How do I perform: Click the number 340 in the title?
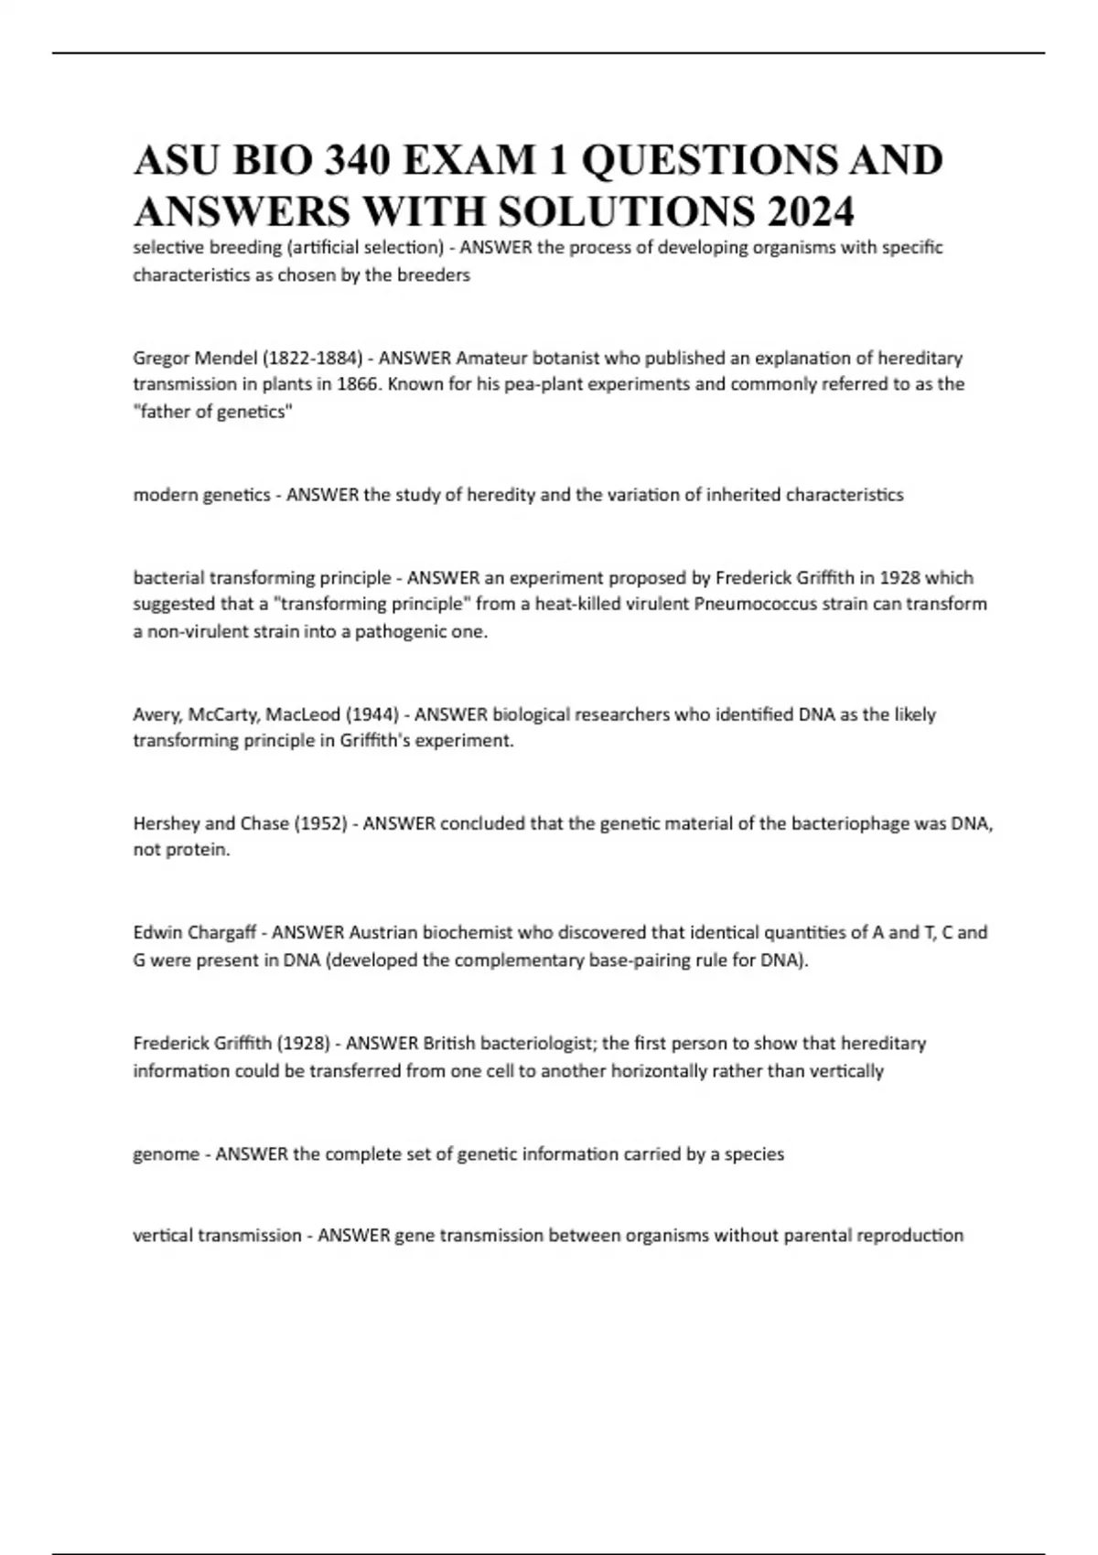(x=340, y=161)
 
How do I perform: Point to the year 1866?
(x=358, y=384)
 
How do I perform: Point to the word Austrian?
(x=383, y=933)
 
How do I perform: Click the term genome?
(x=166, y=1154)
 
